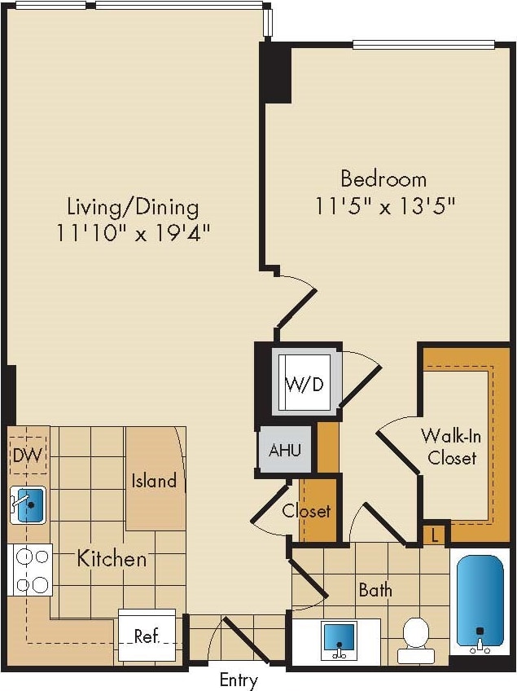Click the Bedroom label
(383, 178)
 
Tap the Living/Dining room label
(133, 206)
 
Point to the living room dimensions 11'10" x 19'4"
(134, 233)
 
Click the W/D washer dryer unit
(307, 383)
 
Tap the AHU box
(283, 450)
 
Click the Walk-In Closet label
(452, 447)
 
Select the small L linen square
(436, 535)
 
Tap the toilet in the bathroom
(416, 638)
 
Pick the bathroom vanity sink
(339, 638)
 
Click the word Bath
(375, 589)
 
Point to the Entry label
(239, 680)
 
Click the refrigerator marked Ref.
(147, 636)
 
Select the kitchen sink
(29, 505)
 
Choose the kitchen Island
(155, 479)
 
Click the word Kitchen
(112, 559)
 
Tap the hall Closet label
(307, 512)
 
